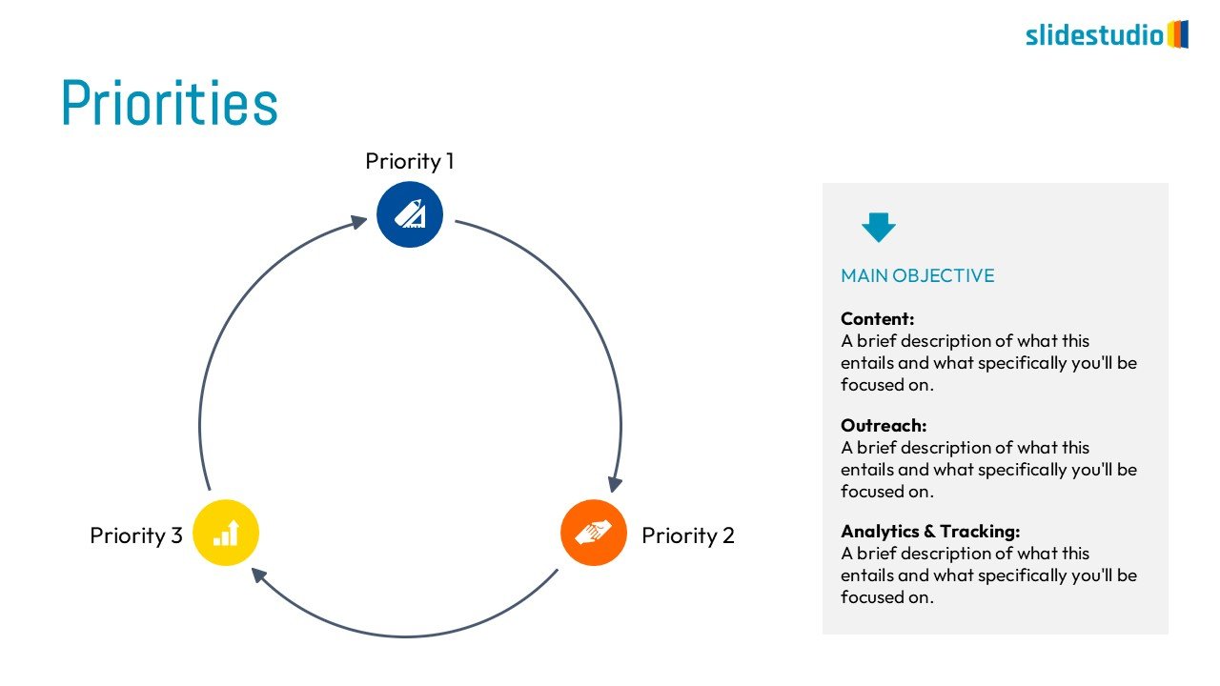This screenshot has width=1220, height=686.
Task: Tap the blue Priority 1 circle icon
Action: pos(410,214)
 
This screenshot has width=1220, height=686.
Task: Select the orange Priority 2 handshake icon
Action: pos(594,533)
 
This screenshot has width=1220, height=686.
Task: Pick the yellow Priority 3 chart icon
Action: pos(226,533)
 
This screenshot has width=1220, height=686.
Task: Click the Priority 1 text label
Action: pos(410,161)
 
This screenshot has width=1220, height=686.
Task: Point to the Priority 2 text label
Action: pos(688,535)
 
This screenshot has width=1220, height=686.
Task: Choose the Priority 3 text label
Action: pos(136,535)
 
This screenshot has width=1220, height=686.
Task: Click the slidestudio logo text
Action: pos(1094,35)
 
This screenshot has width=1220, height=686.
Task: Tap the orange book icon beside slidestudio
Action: pos(1178,34)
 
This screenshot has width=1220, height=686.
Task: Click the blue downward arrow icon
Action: pos(879,227)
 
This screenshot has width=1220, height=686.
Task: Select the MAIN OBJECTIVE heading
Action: pos(917,275)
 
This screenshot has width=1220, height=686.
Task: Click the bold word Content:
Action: pos(877,319)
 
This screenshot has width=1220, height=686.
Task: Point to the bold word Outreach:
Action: pos(884,426)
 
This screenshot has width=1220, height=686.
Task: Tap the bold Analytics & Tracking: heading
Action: pos(930,532)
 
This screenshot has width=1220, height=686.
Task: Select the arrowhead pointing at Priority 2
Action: pos(615,484)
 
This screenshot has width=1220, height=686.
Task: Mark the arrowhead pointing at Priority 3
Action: pos(257,575)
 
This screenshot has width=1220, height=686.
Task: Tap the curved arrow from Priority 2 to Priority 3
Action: pos(410,636)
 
